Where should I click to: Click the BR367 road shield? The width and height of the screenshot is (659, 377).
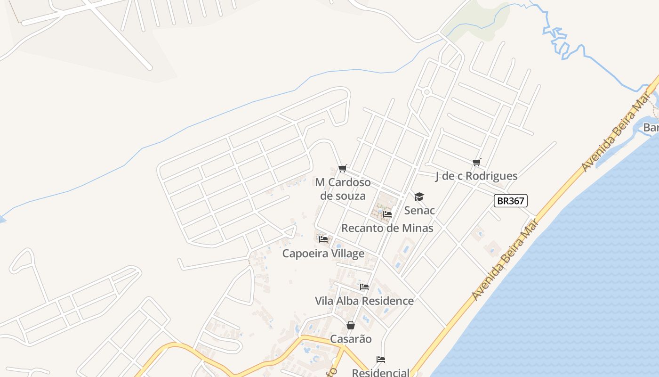point(511,201)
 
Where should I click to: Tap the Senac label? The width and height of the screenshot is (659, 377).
point(419,210)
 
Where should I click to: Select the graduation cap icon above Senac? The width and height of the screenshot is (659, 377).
point(419,197)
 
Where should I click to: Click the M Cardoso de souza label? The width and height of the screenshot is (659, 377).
point(343,188)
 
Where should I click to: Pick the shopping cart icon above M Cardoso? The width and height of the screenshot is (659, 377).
point(343,168)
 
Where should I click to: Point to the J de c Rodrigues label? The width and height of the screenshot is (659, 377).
point(476,176)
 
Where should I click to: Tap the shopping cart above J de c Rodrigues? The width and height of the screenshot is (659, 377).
point(477,163)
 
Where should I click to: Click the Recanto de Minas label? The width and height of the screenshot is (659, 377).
point(387,228)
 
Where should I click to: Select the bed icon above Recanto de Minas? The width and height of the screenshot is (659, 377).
point(387,214)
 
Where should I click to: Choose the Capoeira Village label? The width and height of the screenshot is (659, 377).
point(323,254)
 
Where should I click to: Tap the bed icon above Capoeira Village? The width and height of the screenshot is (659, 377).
point(323,239)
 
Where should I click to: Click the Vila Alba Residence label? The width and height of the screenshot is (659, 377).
point(364,301)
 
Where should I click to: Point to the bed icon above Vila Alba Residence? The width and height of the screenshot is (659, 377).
point(364,287)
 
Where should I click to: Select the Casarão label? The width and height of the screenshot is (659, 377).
point(351,339)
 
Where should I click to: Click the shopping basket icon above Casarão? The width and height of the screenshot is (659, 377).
point(351,325)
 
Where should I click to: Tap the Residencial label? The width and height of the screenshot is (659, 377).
point(381,372)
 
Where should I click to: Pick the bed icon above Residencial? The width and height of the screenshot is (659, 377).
point(381,360)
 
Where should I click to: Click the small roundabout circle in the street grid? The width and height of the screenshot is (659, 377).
point(426,92)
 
